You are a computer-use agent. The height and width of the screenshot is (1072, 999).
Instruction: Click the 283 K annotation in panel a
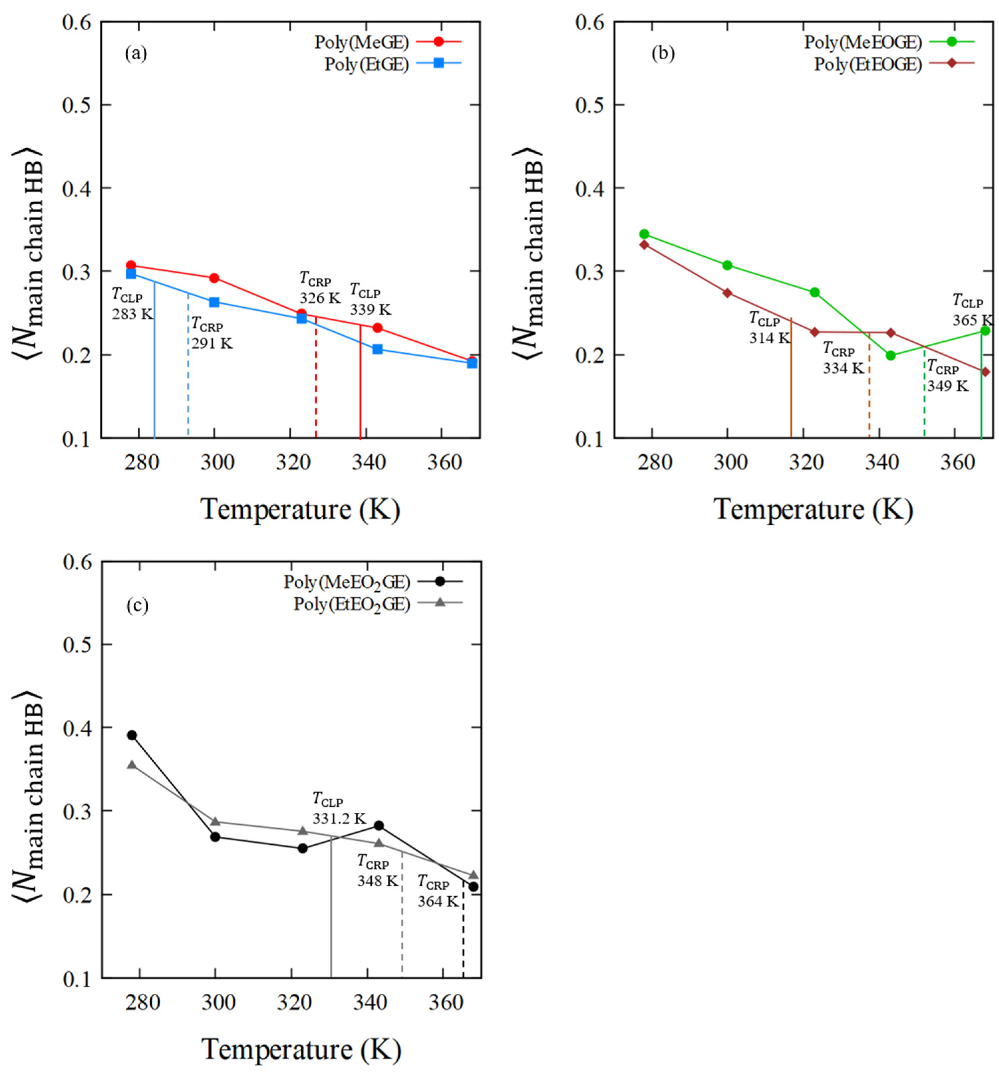pos(132,314)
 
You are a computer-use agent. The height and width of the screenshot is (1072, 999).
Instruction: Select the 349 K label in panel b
pos(947,386)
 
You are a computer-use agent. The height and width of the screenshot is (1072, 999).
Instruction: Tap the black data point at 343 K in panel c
pos(378,825)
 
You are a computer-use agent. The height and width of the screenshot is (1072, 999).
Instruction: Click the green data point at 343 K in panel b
pos(891,355)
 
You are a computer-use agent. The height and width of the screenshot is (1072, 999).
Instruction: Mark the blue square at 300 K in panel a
pos(214,302)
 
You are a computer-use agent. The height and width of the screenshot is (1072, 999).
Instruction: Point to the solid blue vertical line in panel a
pos(155,367)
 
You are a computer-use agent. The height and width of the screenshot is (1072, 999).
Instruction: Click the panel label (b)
pos(663,53)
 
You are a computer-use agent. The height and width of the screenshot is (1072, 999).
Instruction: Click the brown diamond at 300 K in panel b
pos(727,293)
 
